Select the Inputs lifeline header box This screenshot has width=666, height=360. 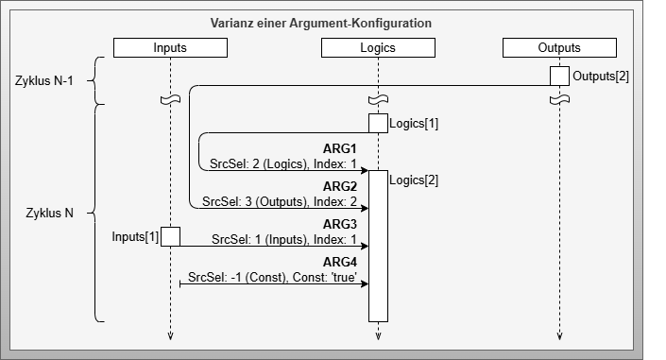tap(170, 47)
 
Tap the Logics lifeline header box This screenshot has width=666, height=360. tap(378, 47)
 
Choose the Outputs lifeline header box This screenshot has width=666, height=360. tap(559, 47)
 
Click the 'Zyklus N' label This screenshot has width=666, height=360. tap(49, 213)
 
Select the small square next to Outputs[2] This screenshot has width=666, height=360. tap(559, 76)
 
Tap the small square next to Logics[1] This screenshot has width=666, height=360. tap(378, 123)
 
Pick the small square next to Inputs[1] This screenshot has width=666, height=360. tap(170, 236)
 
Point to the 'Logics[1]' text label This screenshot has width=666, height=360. tap(414, 123)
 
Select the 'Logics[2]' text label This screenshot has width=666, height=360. tap(414, 180)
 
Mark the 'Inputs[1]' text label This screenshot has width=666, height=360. tap(135, 235)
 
